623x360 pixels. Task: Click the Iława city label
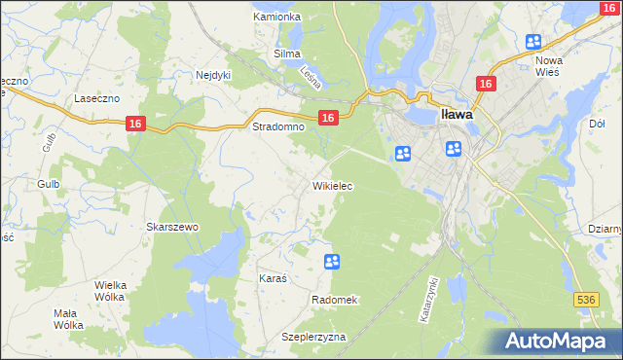458,113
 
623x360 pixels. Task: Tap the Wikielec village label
332,185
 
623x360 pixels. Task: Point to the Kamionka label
276,17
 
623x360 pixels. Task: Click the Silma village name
287,54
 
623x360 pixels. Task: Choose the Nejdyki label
212,74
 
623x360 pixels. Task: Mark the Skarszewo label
172,227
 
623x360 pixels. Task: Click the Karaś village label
273,278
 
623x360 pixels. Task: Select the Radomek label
335,300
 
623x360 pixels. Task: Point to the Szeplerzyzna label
313,337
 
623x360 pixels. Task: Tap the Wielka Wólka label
112,291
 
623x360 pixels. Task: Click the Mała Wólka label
68,320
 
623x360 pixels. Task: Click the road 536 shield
585,301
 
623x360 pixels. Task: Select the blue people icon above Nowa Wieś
533,42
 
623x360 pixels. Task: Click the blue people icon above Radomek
331,261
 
